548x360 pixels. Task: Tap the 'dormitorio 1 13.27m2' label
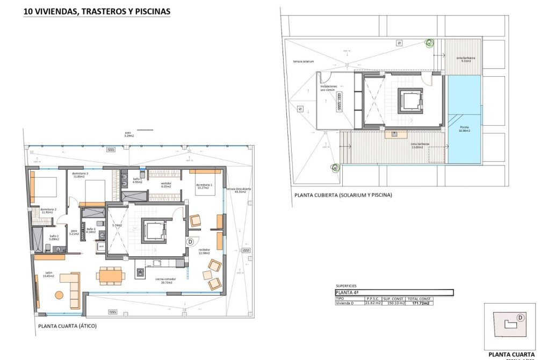pos(205,186)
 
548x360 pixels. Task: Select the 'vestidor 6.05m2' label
pos(166,185)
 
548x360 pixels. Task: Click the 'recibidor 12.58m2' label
pos(204,251)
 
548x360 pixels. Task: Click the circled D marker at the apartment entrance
pos(190,242)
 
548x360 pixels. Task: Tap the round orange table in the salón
pos(59,294)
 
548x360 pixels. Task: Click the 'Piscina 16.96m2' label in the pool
pos(464,129)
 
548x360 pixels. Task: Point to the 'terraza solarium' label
pos(303,62)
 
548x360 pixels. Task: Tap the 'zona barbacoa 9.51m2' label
pos(465,59)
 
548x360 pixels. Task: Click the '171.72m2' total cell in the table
pos(420,303)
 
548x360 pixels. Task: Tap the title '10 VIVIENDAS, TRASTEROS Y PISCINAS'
pos(97,11)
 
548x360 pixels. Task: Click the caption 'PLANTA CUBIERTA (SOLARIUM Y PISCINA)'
pos(343,195)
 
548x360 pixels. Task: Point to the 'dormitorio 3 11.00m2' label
pos(80,175)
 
